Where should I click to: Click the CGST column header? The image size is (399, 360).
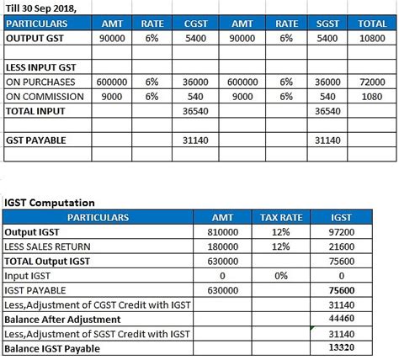pyautogui.click(x=195, y=24)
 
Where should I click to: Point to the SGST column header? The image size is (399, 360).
pyautogui.click(x=328, y=24)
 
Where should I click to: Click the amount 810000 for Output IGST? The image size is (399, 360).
pyautogui.click(x=222, y=231)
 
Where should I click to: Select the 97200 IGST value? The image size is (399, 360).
pyautogui.click(x=341, y=231)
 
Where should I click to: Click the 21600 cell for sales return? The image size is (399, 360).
pyautogui.click(x=341, y=246)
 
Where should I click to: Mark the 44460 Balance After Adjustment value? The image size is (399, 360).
pyautogui.click(x=341, y=320)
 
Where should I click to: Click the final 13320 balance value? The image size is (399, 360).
pyautogui.click(x=341, y=348)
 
